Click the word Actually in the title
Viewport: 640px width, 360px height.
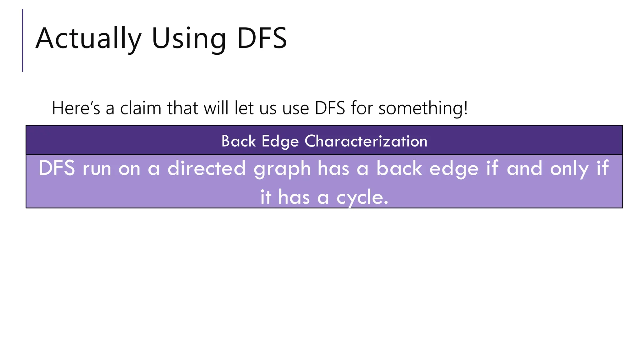(88, 39)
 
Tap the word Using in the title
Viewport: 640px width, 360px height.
(189, 39)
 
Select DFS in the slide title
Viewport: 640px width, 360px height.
(262, 39)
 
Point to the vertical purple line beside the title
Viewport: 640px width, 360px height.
(23, 41)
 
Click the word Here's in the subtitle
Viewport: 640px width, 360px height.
(76, 108)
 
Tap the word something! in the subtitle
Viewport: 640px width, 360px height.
(423, 109)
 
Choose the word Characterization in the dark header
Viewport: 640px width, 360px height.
(366, 141)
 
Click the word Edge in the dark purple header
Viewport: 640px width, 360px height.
(280, 142)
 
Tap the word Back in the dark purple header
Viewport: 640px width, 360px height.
(239, 141)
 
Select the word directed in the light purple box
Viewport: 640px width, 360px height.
(207, 168)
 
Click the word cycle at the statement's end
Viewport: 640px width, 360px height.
(362, 198)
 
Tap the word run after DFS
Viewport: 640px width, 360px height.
(97, 169)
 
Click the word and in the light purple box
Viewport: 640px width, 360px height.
(524, 168)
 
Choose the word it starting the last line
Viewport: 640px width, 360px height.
(266, 197)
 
